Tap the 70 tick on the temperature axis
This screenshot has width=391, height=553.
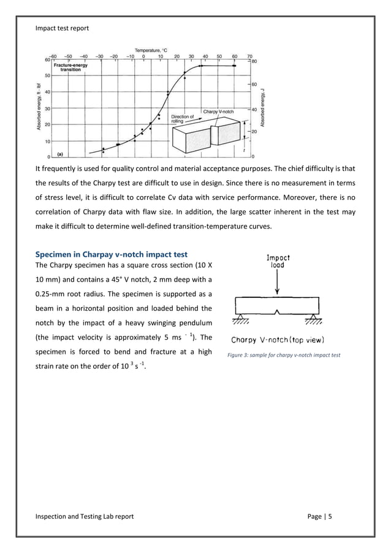click(x=249, y=55)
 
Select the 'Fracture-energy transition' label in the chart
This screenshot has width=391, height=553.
click(x=69, y=67)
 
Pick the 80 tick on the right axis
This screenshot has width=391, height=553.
click(x=254, y=61)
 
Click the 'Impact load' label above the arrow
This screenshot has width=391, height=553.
click(x=278, y=262)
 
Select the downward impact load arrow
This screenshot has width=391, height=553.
click(x=278, y=283)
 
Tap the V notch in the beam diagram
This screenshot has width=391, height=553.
click(x=278, y=311)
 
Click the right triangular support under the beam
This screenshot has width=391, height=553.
click(x=316, y=319)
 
